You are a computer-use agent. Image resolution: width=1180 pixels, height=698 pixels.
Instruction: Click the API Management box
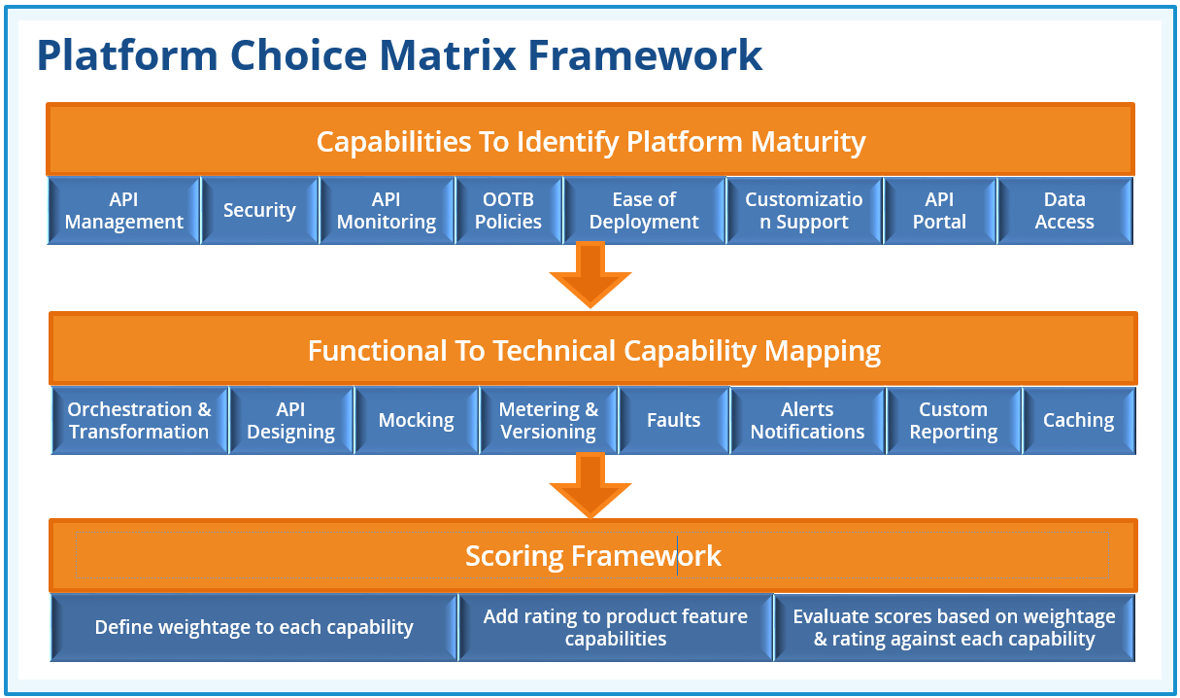[x=123, y=210]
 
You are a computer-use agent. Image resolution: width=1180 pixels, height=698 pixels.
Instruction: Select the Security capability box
[x=259, y=210]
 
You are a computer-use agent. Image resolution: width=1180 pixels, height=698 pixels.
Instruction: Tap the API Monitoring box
[x=387, y=210]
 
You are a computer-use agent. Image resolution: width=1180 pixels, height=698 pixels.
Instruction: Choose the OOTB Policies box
[x=508, y=210]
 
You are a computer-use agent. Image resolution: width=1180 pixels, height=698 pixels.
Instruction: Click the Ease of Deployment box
[x=644, y=210]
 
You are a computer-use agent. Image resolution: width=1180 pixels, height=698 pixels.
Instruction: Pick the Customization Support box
[x=804, y=210]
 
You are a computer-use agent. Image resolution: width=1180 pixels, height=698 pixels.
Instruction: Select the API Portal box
[x=939, y=210]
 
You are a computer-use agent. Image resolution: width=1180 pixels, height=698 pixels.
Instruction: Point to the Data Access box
[x=1064, y=210]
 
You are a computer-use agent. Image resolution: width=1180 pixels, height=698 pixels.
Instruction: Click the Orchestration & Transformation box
[x=139, y=420]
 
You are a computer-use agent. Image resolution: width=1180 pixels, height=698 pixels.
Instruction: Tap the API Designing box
[x=290, y=420]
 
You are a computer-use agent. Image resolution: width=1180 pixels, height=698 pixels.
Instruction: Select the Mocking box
[x=416, y=420]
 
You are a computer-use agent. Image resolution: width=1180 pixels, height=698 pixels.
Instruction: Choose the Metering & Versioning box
[x=548, y=420]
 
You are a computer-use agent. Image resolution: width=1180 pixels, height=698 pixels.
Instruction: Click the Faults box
[x=673, y=420]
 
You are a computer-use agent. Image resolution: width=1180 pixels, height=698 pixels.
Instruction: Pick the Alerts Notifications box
[x=807, y=420]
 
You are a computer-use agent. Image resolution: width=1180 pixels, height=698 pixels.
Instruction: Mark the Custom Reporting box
[x=953, y=420]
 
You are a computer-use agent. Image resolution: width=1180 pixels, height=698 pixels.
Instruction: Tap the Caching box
[x=1078, y=420]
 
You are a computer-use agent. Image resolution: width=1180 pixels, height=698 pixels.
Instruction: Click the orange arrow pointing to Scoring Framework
[x=590, y=484]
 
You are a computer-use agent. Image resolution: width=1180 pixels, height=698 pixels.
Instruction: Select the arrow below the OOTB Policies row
[x=590, y=273]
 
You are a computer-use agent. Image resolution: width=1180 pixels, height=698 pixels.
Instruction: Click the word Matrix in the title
[x=451, y=55]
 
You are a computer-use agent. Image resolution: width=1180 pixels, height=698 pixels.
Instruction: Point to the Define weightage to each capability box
[x=253, y=627]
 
